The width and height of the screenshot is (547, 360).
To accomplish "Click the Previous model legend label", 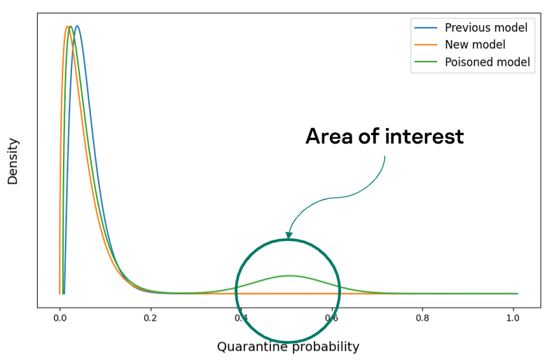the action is [486, 27].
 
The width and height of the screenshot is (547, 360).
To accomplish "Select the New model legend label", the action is [475, 45].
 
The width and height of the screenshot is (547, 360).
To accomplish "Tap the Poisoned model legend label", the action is [487, 62].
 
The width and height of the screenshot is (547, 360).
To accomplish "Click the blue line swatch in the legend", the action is [426, 28].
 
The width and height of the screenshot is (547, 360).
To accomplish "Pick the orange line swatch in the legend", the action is [426, 45].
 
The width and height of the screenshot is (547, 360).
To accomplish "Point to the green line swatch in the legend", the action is [426, 62].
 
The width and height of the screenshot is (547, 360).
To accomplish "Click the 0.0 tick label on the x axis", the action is [60, 318].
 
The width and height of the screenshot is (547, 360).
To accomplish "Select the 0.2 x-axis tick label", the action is [151, 318].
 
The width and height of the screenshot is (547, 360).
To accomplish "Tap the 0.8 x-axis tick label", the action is [422, 318].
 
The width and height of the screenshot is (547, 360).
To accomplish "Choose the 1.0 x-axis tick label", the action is [513, 318].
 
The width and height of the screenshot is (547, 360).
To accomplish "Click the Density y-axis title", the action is [13, 161].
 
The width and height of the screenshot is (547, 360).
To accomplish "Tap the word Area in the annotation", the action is [329, 136].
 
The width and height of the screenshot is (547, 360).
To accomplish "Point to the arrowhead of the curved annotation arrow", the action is [289, 235].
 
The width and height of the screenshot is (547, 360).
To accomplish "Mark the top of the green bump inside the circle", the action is [289, 275].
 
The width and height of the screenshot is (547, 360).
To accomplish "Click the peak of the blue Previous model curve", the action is [77, 26].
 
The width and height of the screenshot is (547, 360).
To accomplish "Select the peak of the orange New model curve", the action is [67, 26].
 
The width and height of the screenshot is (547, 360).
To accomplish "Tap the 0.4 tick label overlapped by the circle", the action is [241, 318].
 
